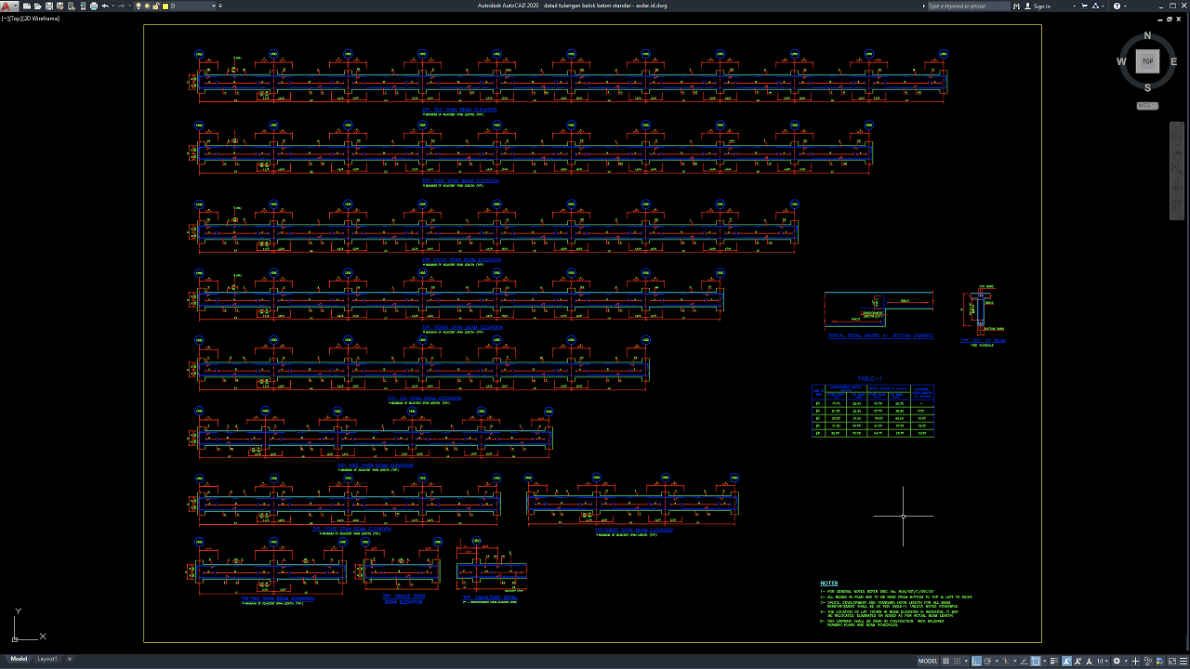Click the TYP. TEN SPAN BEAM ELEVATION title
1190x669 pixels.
pos(459,110)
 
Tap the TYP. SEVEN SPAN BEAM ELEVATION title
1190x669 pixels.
pos(462,327)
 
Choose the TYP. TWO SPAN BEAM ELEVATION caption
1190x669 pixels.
pos(277,598)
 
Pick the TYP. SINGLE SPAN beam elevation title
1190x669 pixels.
pos(403,597)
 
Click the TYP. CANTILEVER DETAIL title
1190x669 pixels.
pos(491,597)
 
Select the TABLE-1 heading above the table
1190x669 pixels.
pos(870,378)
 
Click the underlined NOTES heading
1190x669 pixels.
pos(829,584)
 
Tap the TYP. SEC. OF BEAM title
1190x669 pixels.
pos(983,341)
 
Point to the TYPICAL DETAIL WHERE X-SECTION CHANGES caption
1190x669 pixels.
pos(880,335)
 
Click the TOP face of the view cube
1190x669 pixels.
pos(1147,61)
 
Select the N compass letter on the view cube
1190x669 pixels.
pos(1147,36)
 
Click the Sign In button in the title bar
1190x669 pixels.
pos(1041,7)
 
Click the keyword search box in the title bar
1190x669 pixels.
pos(967,7)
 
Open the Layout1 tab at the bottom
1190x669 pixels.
pos(46,659)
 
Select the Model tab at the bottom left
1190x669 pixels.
pos(19,659)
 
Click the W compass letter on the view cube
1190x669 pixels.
pos(1121,62)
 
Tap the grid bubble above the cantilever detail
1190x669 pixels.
pos(476,541)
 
